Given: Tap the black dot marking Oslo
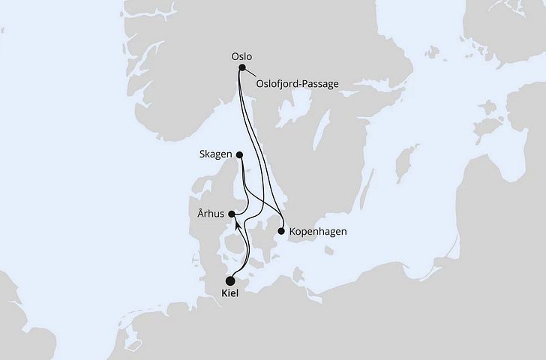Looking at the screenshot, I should pos(241,68).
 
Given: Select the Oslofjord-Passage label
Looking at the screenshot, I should pos(298,83).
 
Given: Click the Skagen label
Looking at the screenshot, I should pos(217,154).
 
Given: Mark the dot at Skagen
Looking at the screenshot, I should pos(240,155).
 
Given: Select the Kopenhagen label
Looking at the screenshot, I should pos(317,231).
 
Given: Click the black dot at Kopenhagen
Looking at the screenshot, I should pos(281,232).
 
